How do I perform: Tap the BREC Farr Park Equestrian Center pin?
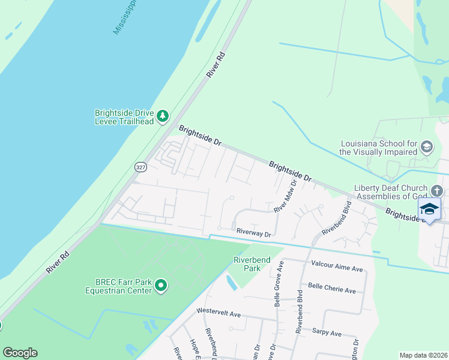click(x=160, y=286)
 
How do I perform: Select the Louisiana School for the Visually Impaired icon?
click(x=426, y=147)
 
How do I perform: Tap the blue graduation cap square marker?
click(x=429, y=209)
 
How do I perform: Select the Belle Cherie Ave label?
click(x=331, y=290)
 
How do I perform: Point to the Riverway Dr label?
click(x=254, y=232)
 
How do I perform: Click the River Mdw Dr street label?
click(x=286, y=196)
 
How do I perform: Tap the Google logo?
click(x=20, y=353)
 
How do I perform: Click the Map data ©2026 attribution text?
click(x=423, y=355)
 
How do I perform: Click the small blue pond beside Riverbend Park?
click(x=232, y=282)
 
